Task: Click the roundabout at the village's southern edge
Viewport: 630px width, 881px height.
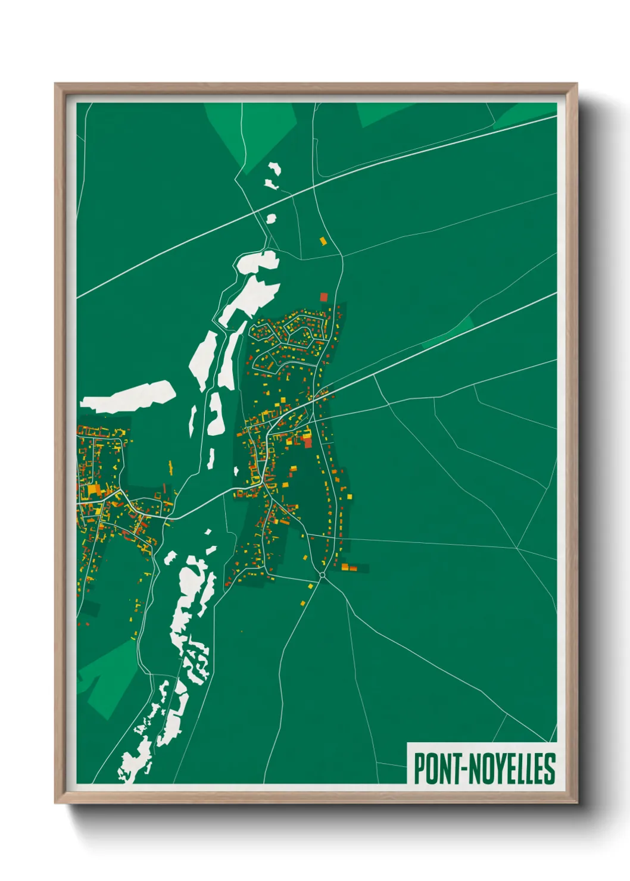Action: point(322,575)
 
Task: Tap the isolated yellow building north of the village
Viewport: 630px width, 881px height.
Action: point(323,241)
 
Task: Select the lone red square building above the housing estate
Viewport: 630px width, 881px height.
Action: point(324,296)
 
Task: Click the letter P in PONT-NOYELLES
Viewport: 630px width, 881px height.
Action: point(420,768)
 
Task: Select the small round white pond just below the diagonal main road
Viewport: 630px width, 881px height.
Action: point(271,219)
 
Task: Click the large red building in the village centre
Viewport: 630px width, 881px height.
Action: point(307,442)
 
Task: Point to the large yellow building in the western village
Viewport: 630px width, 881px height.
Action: point(94,491)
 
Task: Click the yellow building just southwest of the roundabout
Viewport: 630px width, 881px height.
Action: point(310,587)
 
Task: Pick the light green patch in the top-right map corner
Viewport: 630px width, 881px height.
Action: point(524,113)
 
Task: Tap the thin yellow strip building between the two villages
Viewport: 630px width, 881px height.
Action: point(170,467)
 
